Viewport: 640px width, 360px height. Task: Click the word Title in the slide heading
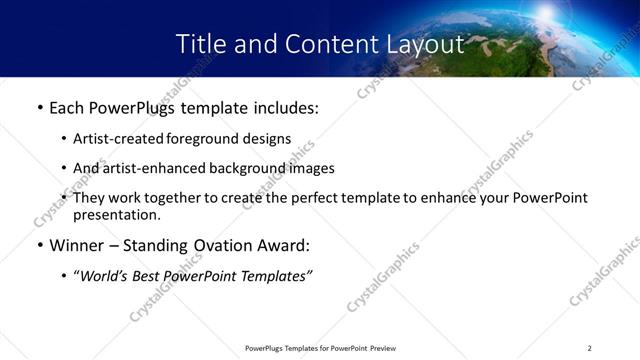pos(201,44)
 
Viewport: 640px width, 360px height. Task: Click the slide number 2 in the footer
pos(589,348)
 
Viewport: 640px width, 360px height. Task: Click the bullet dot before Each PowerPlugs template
pos(39,107)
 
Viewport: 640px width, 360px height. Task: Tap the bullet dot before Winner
pos(39,245)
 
